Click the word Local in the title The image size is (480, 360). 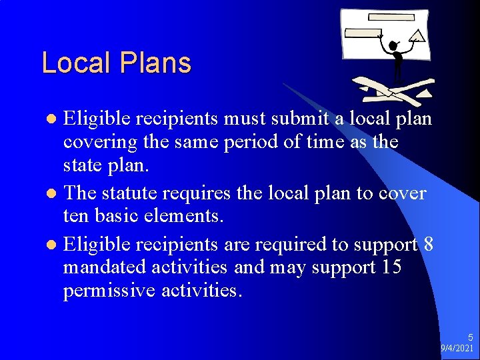tap(76, 63)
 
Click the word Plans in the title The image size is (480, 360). tap(155, 63)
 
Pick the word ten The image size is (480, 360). tap(76, 216)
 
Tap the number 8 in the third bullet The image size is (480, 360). tap(428, 245)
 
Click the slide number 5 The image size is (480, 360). tap(470, 338)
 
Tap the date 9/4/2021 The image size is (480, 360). tap(457, 349)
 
